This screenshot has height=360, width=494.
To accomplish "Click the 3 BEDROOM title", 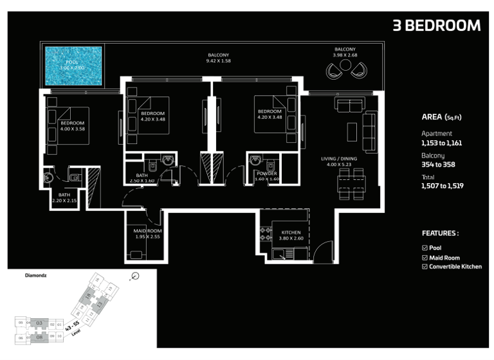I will (436, 26).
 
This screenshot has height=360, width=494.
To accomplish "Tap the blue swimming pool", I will (73, 64).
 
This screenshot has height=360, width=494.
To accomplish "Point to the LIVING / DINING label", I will (340, 158).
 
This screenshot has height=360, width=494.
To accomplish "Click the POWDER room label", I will (266, 174).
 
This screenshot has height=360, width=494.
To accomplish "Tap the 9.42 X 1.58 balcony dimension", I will (218, 61).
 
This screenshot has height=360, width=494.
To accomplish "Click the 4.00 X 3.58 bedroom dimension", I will (72, 129).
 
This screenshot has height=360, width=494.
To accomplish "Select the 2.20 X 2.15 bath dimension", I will (64, 201).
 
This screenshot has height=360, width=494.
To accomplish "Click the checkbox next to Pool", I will (425, 248).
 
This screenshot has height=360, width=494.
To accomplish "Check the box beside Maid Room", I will (425, 257).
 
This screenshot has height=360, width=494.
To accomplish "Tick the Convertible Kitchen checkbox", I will (425, 266).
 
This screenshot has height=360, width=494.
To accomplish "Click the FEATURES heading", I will (440, 233).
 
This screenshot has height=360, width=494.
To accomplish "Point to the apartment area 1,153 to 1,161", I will (441, 143).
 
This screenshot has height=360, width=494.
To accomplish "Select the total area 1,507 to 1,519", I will (443, 185).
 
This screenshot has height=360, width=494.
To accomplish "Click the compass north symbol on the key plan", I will (134, 276).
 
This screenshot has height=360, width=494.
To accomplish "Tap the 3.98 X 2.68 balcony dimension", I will (345, 55).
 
